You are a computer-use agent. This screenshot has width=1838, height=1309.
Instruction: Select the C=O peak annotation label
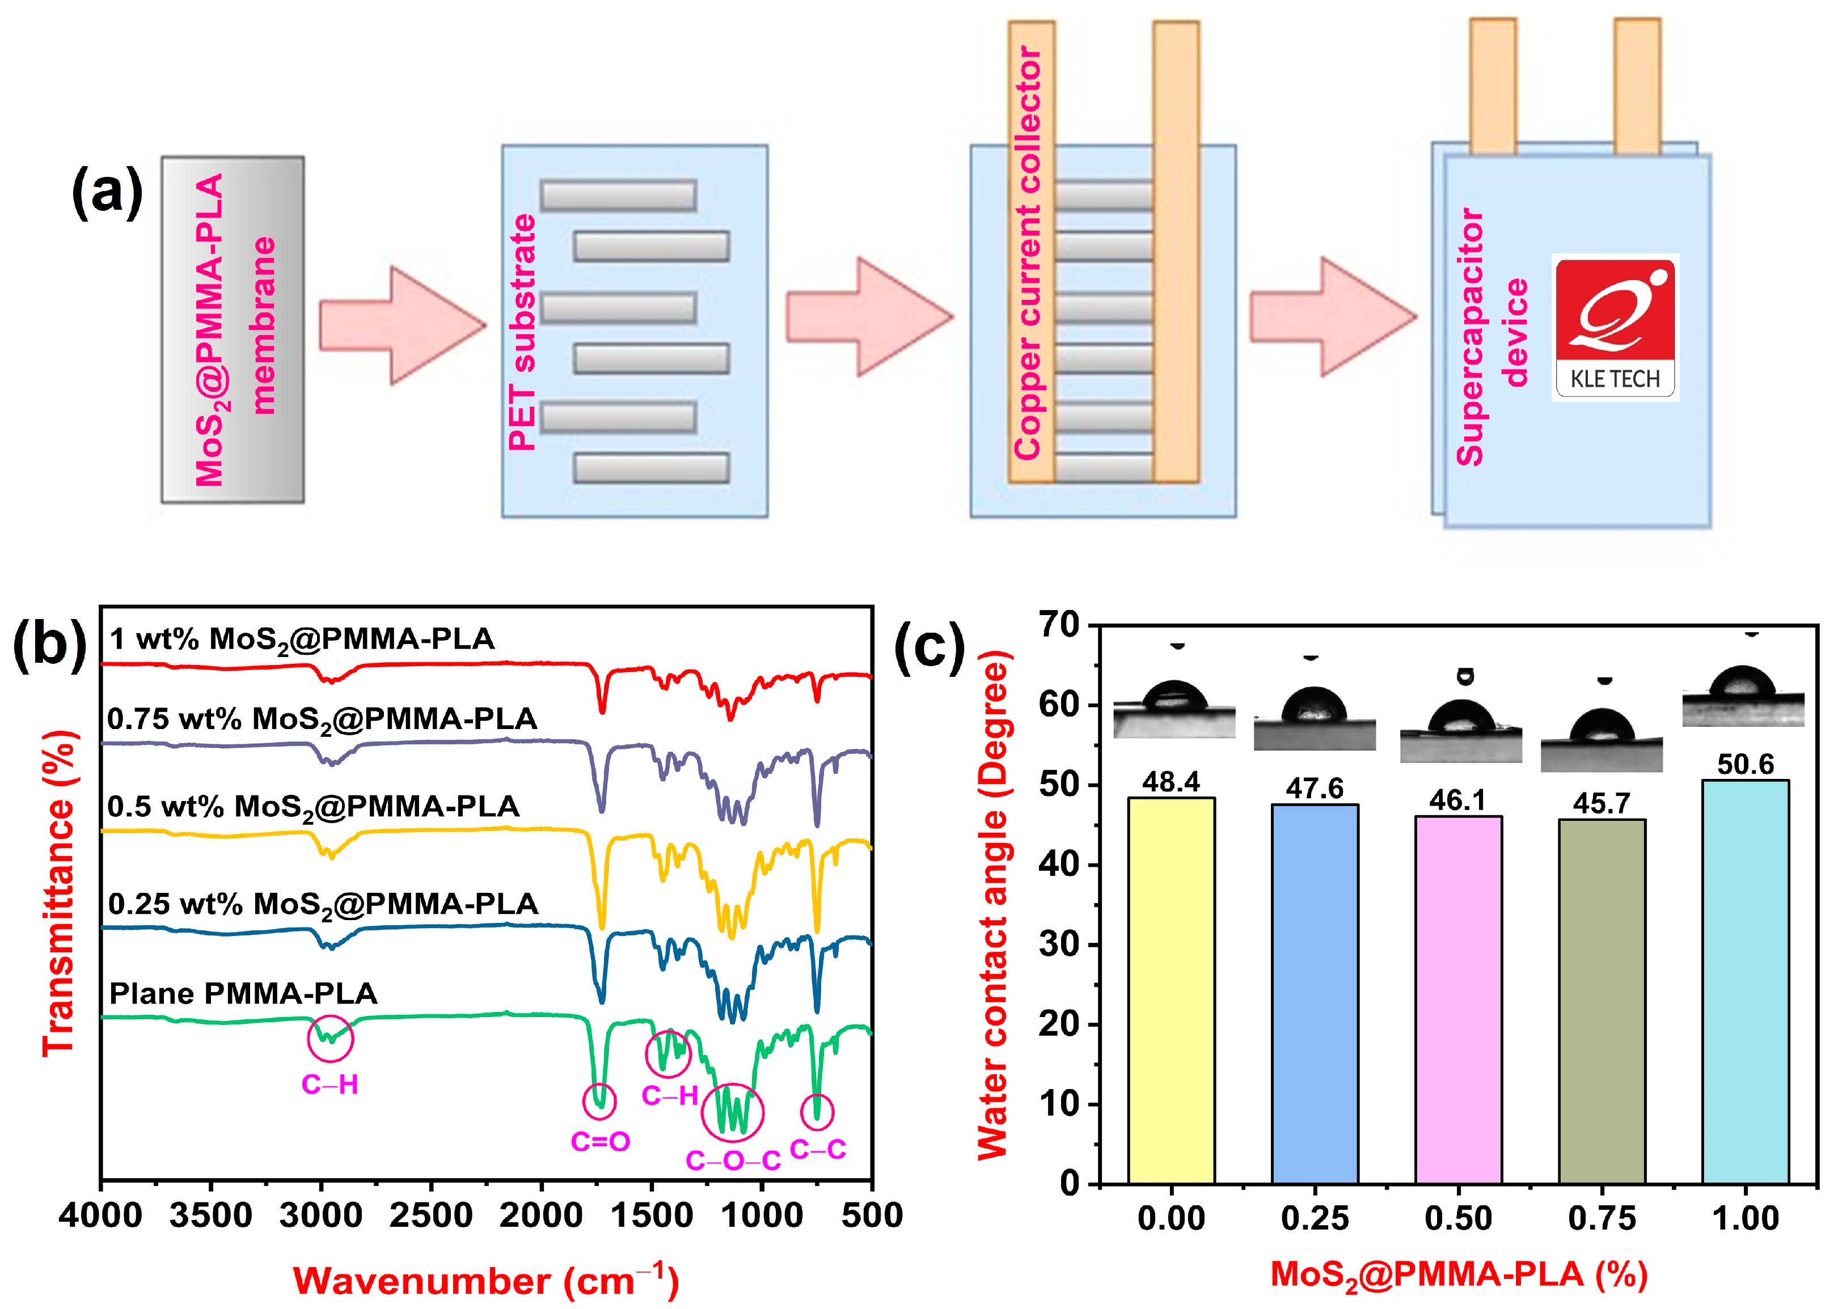pyautogui.click(x=600, y=1141)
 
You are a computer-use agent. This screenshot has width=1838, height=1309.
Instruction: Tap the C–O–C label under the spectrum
pyautogui.click(x=733, y=1160)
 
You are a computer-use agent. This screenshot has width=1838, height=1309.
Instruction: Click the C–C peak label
pyautogui.click(x=817, y=1149)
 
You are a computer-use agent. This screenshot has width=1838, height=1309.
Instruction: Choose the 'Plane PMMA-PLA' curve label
pyautogui.click(x=243, y=993)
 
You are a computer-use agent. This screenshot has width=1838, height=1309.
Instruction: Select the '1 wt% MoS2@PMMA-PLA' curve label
pyautogui.click(x=302, y=639)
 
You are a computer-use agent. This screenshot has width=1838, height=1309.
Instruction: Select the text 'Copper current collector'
pyautogui.click(x=1027, y=252)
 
